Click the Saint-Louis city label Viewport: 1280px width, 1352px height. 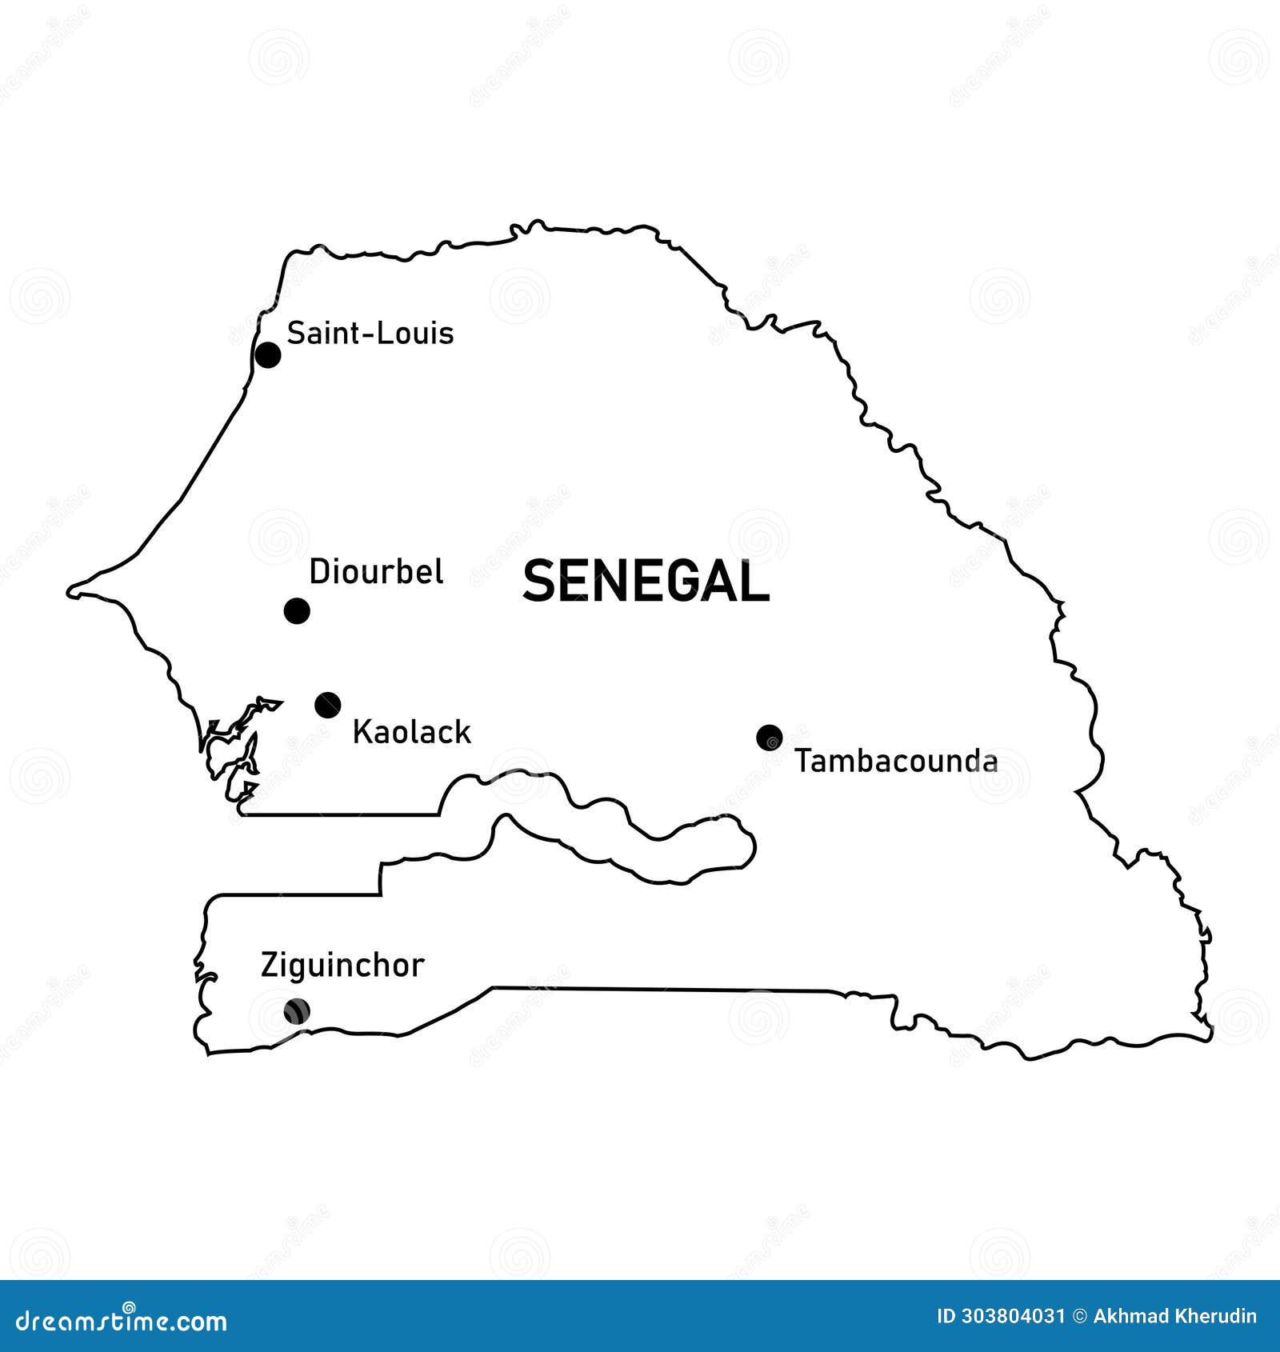[370, 333]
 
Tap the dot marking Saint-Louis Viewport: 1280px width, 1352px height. [268, 354]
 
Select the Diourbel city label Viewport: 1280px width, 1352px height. [376, 572]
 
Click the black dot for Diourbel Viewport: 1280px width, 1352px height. [297, 611]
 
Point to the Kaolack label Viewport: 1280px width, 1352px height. [411, 732]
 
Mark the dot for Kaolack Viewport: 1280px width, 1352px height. [328, 705]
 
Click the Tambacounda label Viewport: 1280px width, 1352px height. [896, 761]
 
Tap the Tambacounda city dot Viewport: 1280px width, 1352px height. [769, 738]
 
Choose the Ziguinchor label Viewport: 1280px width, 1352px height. [342, 966]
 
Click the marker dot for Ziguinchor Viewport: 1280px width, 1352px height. [297, 1011]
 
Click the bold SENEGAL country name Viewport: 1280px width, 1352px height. [646, 582]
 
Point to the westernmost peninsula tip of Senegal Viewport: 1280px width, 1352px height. [70, 592]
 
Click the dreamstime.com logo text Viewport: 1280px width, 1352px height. [122, 1321]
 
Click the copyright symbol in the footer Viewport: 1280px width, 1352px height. [1079, 1316]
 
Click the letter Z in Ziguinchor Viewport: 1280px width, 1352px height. [270, 966]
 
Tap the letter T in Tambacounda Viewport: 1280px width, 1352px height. [803, 761]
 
